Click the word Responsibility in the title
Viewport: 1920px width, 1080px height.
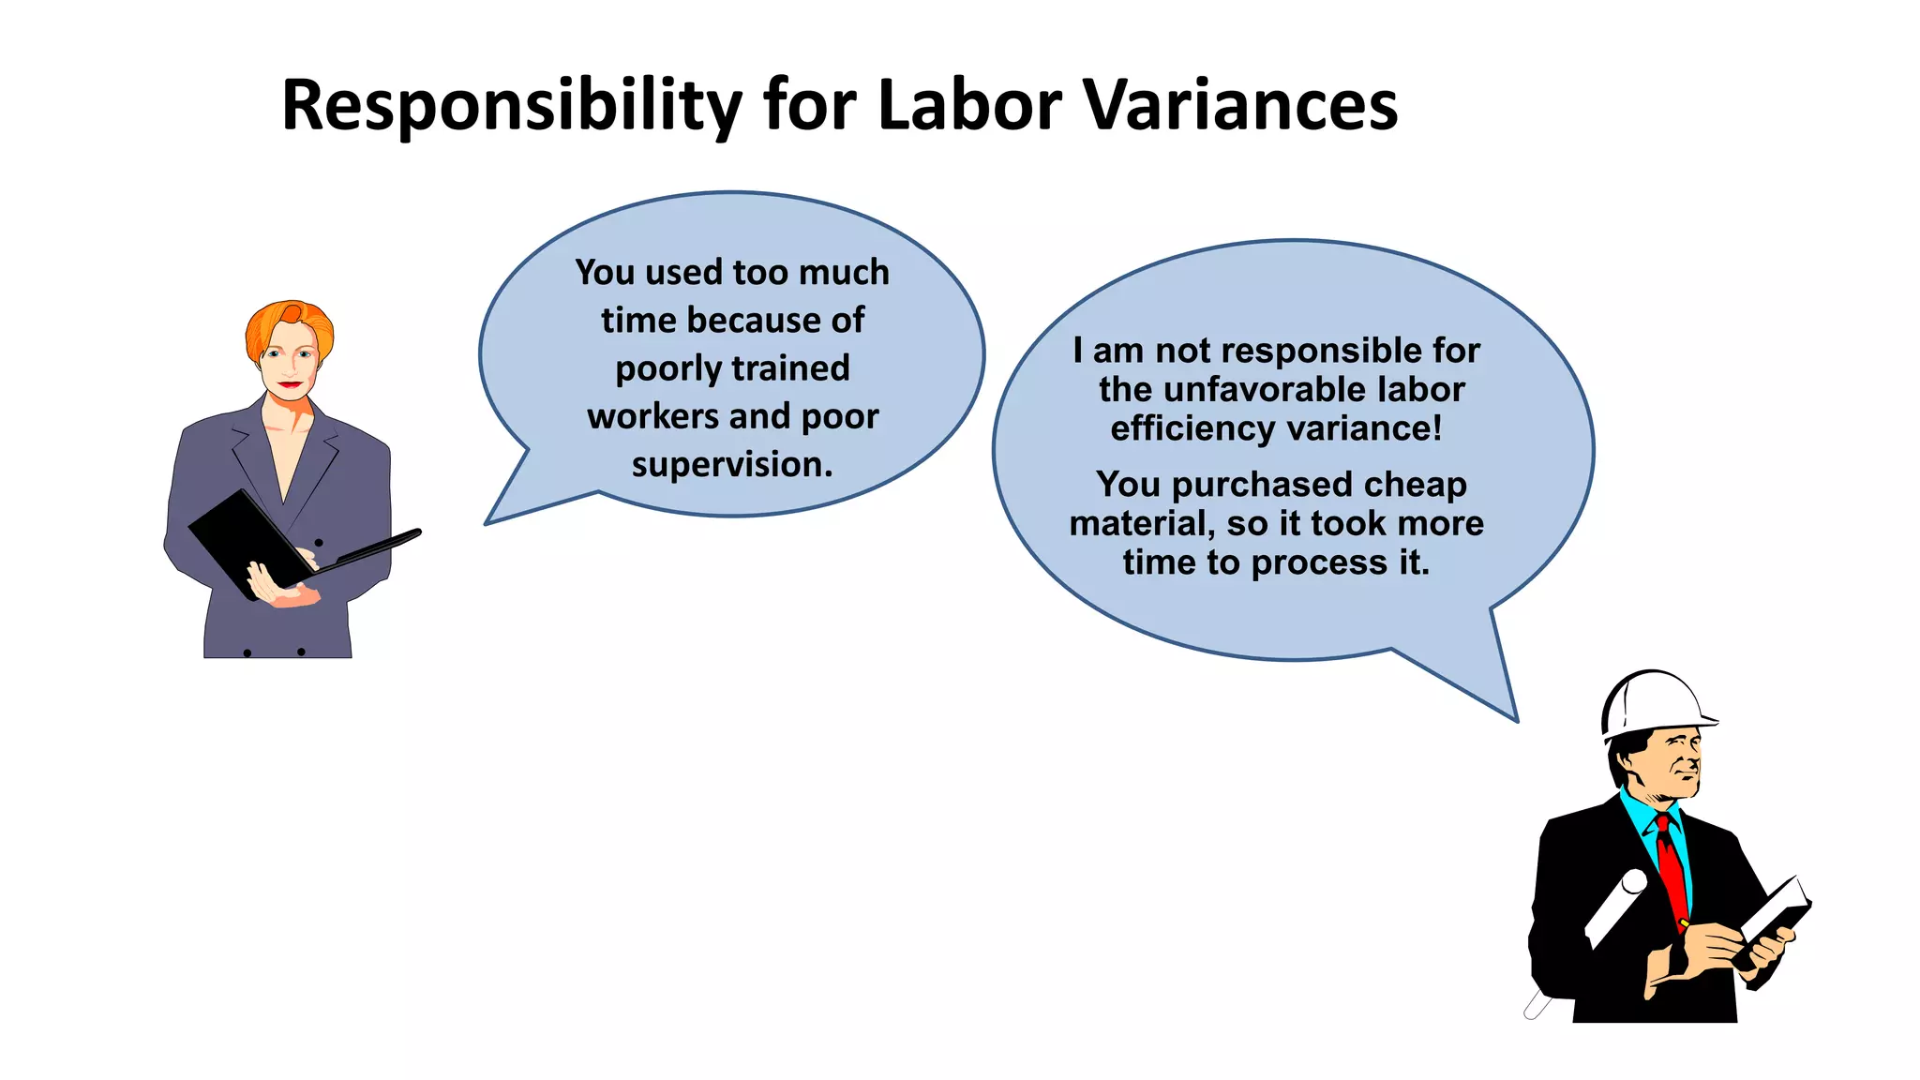click(x=512, y=105)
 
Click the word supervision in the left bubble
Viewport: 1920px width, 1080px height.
click(x=731, y=464)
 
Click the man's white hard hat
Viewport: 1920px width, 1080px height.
click(x=1654, y=703)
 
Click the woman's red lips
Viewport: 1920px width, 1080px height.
click(x=290, y=384)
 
